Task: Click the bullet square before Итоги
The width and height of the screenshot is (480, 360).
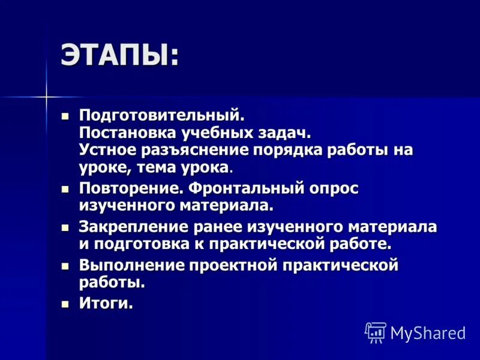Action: coord(66,303)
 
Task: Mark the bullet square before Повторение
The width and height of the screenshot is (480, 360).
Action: coord(66,189)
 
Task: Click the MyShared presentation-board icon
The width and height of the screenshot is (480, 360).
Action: coord(375,332)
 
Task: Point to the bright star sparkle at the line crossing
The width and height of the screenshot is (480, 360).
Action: coord(46,95)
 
